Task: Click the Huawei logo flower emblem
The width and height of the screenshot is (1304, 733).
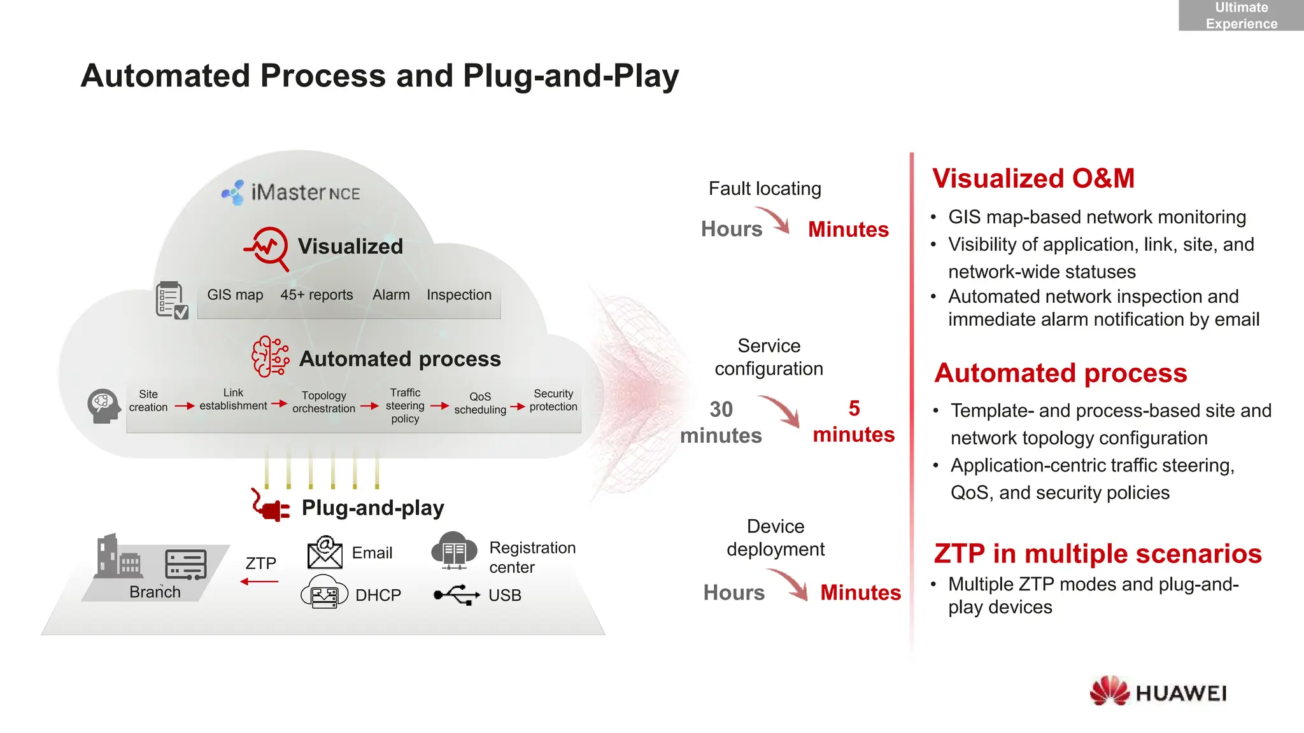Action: (1109, 691)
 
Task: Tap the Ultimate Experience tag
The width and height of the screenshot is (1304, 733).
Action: (1240, 15)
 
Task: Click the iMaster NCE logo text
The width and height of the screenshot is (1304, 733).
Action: (305, 192)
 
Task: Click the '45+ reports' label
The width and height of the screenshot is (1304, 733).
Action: (316, 295)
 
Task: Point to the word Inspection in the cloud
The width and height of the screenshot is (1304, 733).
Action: (458, 295)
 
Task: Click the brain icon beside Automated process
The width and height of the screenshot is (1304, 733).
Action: (270, 357)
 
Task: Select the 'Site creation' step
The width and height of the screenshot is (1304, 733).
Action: (148, 401)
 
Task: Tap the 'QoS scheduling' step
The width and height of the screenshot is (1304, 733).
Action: (480, 403)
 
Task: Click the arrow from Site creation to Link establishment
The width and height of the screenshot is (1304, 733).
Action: (184, 406)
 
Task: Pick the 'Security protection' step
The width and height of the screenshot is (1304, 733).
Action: (553, 400)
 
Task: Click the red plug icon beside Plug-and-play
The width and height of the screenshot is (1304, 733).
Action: (270, 506)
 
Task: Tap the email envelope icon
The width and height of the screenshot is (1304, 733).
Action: (325, 552)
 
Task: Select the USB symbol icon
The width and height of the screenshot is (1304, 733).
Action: (456, 595)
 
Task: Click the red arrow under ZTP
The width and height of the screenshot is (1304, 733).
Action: (259, 582)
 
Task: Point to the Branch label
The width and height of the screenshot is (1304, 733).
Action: (155, 592)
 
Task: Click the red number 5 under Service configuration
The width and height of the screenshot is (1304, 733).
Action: (854, 408)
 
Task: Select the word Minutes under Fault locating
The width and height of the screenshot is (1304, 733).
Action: (848, 229)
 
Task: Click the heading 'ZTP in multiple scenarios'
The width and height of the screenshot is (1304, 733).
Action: (1097, 554)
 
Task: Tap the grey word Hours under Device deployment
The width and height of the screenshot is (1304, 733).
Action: (733, 592)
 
